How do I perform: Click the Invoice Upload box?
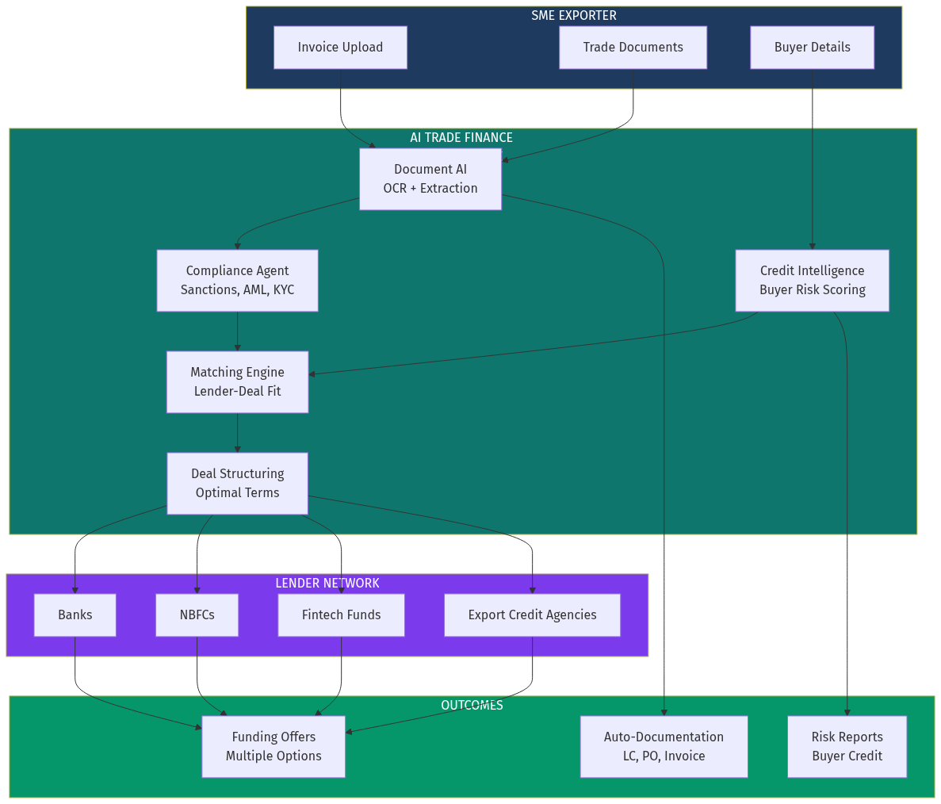pyautogui.click(x=340, y=48)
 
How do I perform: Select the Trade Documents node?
pyautogui.click(x=633, y=48)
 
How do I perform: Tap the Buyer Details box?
pyautogui.click(x=812, y=48)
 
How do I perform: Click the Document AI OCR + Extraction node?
pyautogui.click(x=430, y=179)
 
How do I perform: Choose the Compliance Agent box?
pyautogui.click(x=237, y=281)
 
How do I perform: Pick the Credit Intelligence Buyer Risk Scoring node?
pyautogui.click(x=812, y=281)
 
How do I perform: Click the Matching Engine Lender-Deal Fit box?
pyautogui.click(x=237, y=382)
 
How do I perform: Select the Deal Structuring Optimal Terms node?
pyautogui.click(x=237, y=484)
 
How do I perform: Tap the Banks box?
pyautogui.click(x=75, y=615)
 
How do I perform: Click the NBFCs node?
pyautogui.click(x=197, y=615)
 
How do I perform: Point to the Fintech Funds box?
pyautogui.click(x=341, y=615)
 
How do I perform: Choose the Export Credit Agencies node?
pyautogui.click(x=532, y=615)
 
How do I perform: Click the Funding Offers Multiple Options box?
pyautogui.click(x=274, y=747)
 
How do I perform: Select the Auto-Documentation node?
pyautogui.click(x=664, y=747)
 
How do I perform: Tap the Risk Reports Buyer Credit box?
pyautogui.click(x=847, y=747)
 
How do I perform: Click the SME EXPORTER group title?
pyautogui.click(x=574, y=16)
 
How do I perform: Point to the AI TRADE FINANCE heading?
pyautogui.click(x=461, y=138)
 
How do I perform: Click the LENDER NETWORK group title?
pyautogui.click(x=327, y=584)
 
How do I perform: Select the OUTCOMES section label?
pyautogui.click(x=472, y=706)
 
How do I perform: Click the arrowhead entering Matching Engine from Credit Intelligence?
pyautogui.click(x=312, y=373)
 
